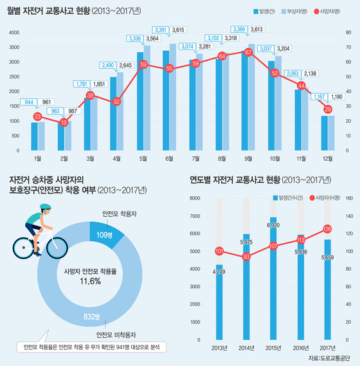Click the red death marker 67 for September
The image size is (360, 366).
[248, 52]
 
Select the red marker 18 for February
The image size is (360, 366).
[64, 122]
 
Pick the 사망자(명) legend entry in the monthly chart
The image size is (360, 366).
[334, 12]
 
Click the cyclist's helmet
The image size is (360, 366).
[42, 208]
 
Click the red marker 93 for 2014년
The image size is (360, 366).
[246, 257]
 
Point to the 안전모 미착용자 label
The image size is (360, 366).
[118, 335]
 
